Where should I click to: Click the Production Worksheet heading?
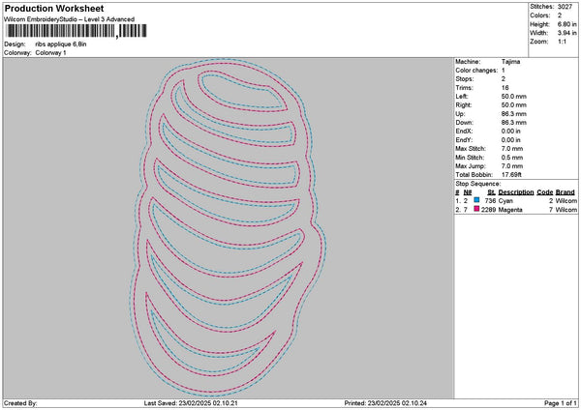[54, 8]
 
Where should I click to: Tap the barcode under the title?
[76, 31]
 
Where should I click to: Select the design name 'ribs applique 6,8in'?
[61, 44]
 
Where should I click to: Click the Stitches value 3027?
[565, 7]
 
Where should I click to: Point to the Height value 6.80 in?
[566, 24]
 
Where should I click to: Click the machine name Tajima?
[510, 62]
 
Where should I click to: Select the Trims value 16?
[505, 88]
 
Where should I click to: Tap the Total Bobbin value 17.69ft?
[511, 175]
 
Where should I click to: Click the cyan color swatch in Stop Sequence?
[476, 200]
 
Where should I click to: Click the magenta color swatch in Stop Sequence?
[476, 209]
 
